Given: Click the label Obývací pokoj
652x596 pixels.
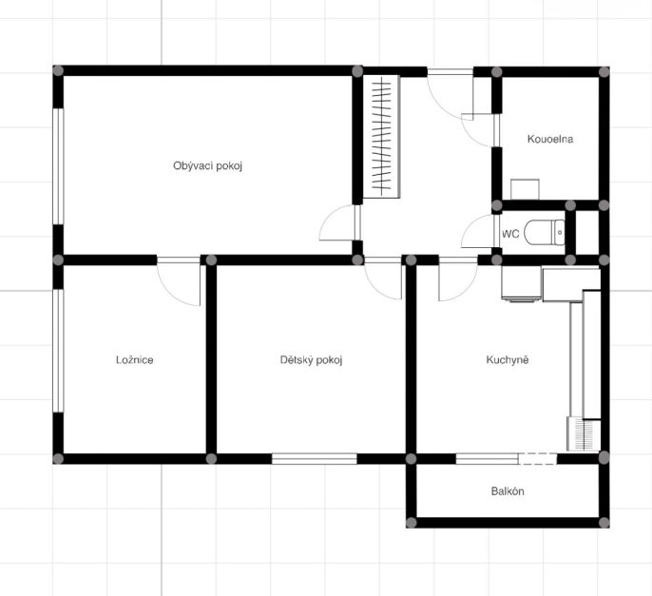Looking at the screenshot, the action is (207, 166).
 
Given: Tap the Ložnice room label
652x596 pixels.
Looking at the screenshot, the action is (135, 359).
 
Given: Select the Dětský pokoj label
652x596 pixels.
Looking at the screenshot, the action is (311, 359).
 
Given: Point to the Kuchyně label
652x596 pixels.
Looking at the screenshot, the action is (508, 359).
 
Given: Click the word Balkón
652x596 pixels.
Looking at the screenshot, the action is (508, 491).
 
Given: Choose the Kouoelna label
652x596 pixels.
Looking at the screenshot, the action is (550, 139).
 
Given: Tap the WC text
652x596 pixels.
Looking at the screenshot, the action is (510, 234).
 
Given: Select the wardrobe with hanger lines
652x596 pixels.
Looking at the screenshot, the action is (382, 137).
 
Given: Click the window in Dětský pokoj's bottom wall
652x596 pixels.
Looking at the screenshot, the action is (315, 459).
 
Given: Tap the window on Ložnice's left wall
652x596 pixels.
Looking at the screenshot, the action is (58, 351).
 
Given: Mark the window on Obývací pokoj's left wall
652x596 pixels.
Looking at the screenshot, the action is (58, 166).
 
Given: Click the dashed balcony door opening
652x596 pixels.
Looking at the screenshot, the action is (538, 459).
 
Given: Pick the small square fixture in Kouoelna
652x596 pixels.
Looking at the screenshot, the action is (526, 189).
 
